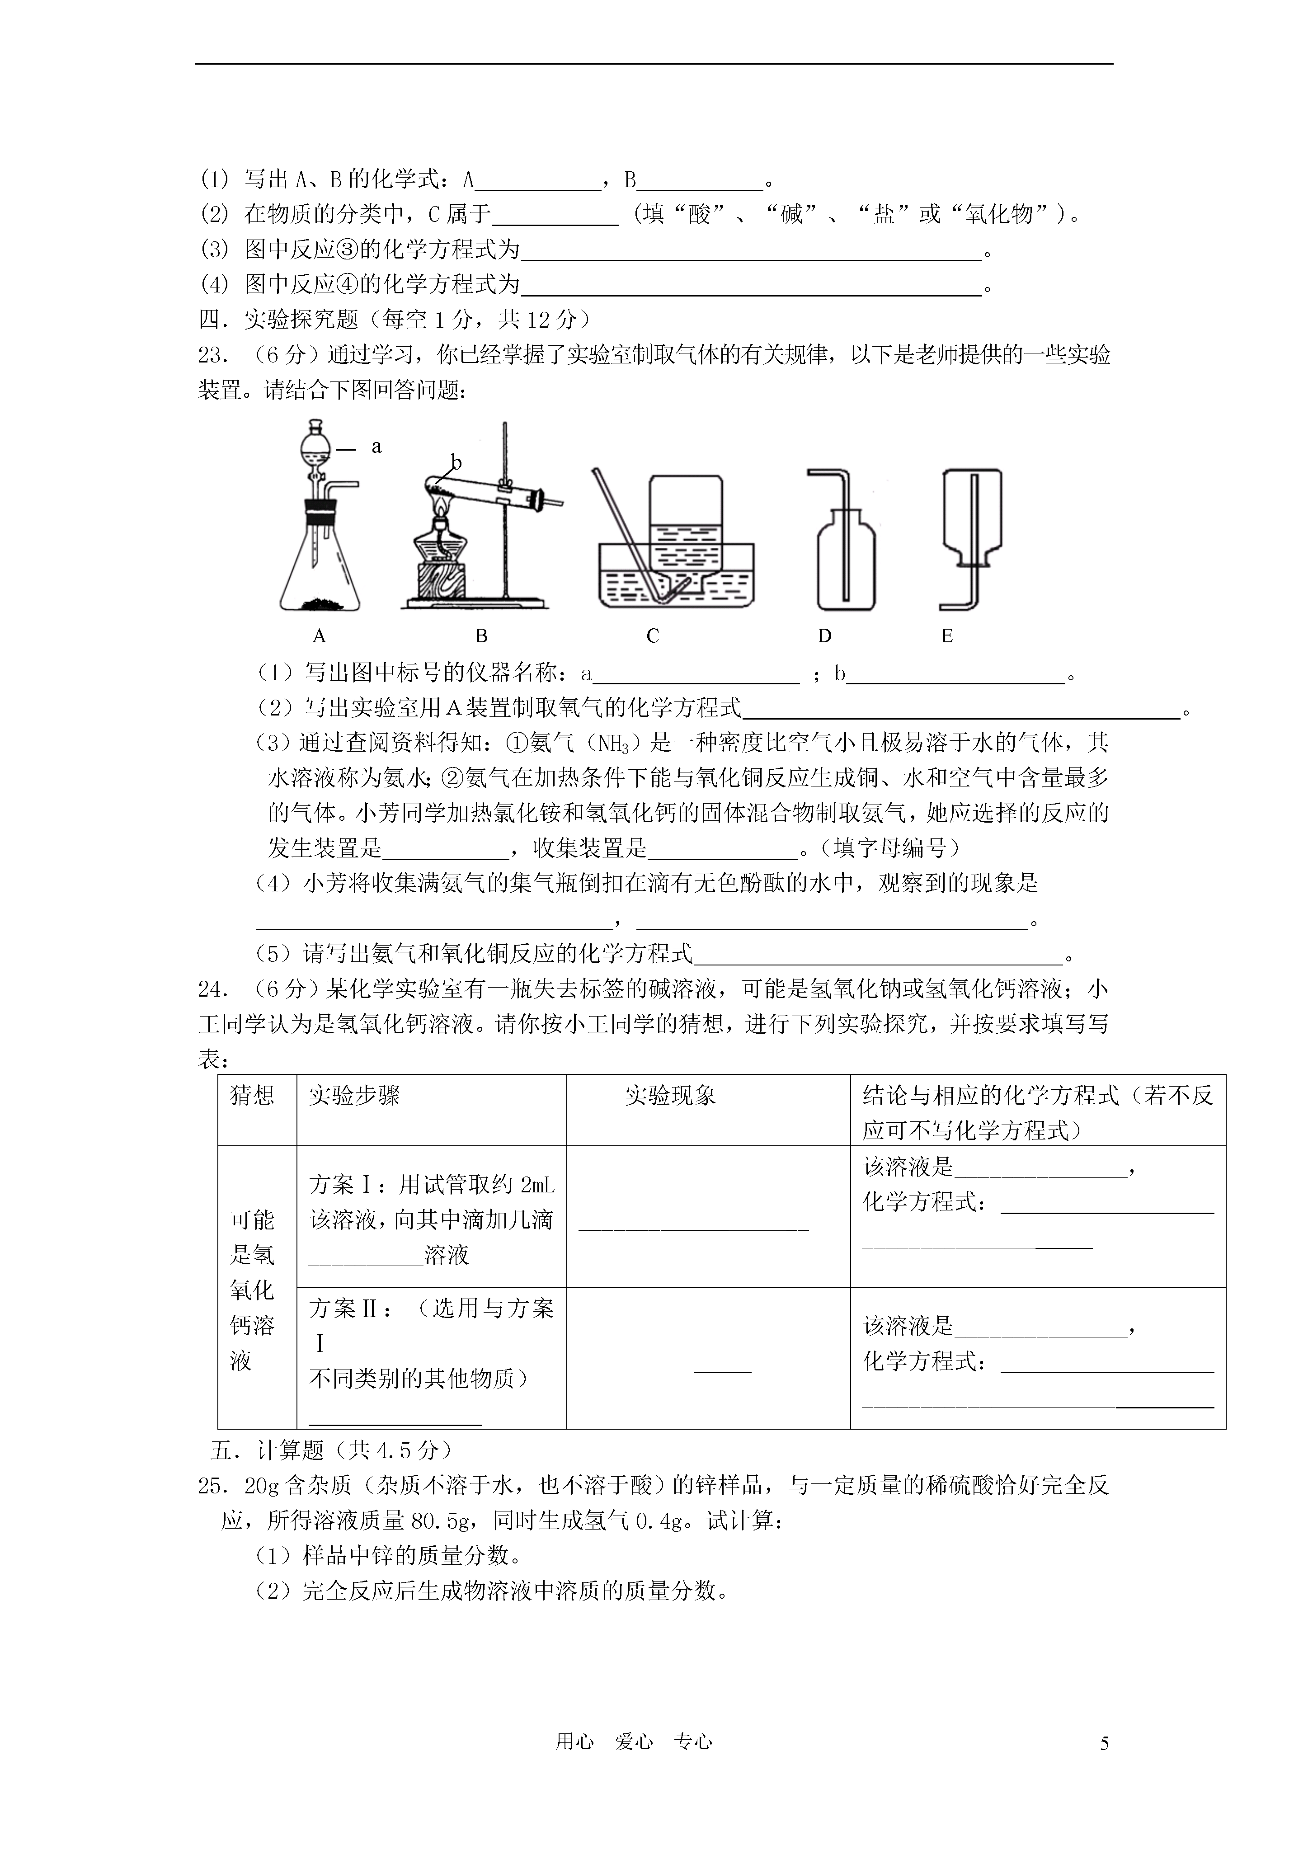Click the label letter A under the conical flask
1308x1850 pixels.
tap(319, 636)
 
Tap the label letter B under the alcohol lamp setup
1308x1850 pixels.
tap(481, 636)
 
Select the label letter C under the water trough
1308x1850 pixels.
tap(653, 636)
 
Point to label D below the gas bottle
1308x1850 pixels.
tap(824, 636)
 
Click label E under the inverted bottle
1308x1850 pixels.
tap(947, 636)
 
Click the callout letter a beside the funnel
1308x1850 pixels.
tap(376, 447)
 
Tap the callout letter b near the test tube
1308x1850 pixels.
tap(456, 462)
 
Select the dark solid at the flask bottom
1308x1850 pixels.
tap(319, 603)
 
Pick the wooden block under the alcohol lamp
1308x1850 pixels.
tap(439, 582)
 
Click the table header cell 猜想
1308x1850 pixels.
tap(252, 1096)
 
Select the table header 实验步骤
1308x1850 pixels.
tap(355, 1096)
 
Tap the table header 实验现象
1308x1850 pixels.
tap(671, 1096)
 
